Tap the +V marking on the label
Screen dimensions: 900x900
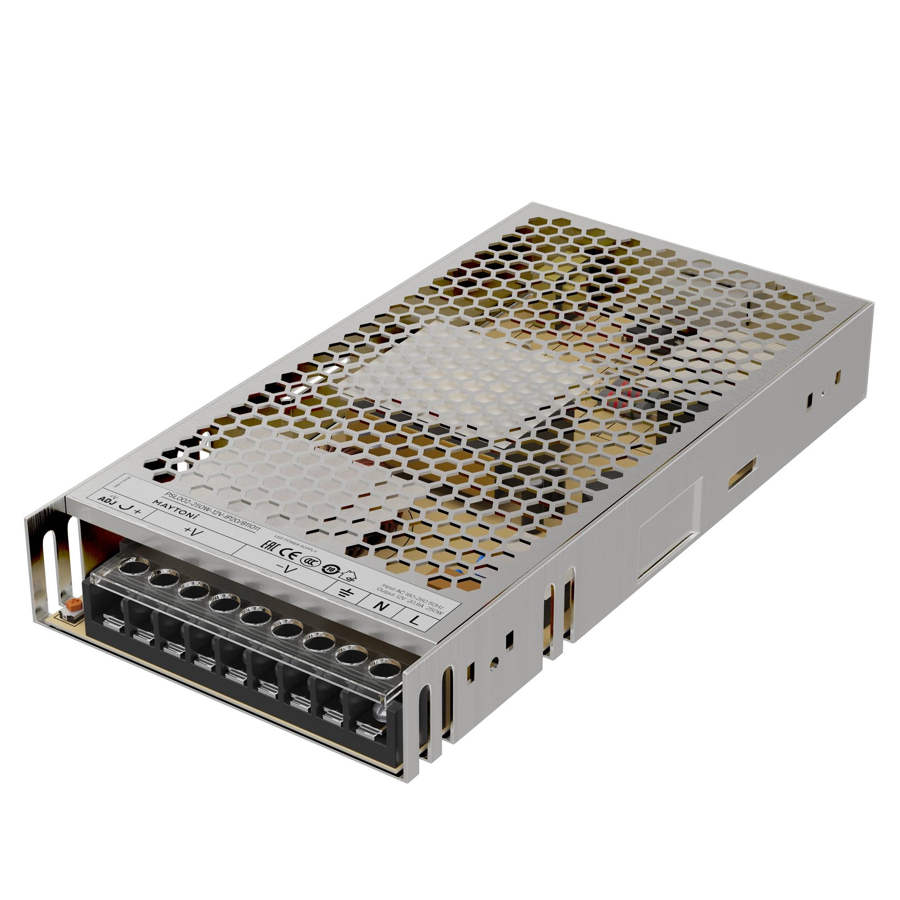pos(191,531)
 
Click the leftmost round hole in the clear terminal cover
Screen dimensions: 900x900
pos(129,568)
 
